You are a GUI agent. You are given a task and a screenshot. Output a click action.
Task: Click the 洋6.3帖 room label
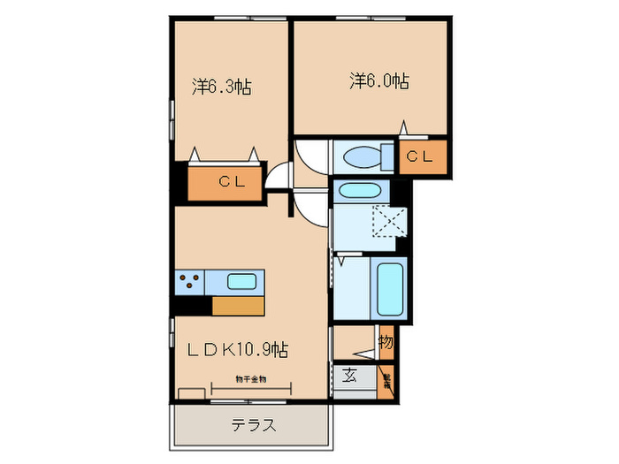pyautogui.click(x=222, y=87)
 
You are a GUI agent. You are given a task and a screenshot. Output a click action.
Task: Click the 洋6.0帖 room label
pyautogui.click(x=378, y=81)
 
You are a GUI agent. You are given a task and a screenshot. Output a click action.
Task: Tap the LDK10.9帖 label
pyautogui.click(x=237, y=350)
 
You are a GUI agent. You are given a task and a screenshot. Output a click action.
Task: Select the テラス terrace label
pyautogui.click(x=254, y=425)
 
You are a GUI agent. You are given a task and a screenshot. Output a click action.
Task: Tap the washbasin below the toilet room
pyautogui.click(x=358, y=190)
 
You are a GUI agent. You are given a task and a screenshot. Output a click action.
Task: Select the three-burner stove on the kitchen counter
pyautogui.click(x=189, y=283)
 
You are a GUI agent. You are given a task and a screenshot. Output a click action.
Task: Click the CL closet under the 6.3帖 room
pyautogui.click(x=225, y=183)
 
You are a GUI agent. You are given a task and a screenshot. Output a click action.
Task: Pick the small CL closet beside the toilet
pyautogui.click(x=420, y=157)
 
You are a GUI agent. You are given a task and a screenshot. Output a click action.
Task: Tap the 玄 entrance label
pyautogui.click(x=349, y=376)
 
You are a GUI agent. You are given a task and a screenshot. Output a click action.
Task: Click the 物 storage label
pyautogui.click(x=386, y=342)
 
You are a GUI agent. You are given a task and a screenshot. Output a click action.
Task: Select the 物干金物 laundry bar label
pyautogui.click(x=251, y=378)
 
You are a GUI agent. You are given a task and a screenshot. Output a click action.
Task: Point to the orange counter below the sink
pyautogui.click(x=238, y=306)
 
